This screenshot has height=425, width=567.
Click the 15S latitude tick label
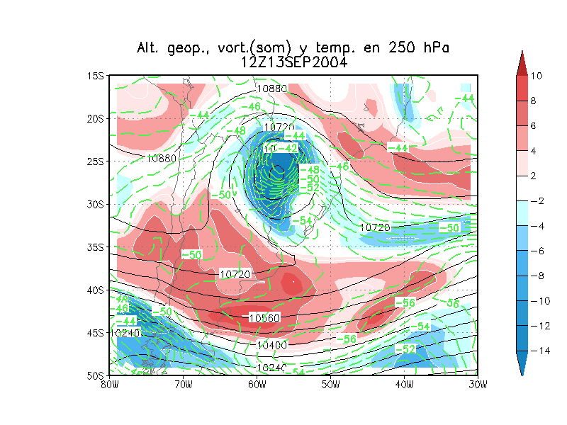click(96, 76)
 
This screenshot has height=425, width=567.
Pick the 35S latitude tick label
click(96, 247)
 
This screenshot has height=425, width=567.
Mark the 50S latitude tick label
click(96, 375)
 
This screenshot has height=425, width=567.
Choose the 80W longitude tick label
click(109, 385)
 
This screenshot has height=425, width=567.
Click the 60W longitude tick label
click(257, 385)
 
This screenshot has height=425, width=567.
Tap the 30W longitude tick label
click(478, 385)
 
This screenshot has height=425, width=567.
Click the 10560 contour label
click(264, 318)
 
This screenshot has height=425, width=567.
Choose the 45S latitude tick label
click(96, 333)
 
